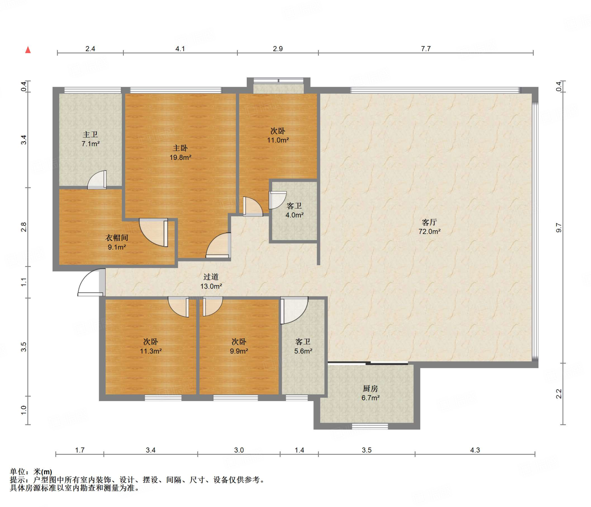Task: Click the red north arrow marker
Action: coord(28,50)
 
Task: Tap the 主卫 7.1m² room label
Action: coord(91,139)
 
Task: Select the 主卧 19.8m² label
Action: coord(180,153)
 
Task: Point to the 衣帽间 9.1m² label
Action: coord(117,242)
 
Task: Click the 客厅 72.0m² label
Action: coord(429,227)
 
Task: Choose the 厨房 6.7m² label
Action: coord(371,393)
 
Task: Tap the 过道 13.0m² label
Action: coord(211,282)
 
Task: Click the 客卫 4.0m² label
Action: coord(294,210)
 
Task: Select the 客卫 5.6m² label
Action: coord(303,346)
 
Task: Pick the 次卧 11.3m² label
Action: coord(151,346)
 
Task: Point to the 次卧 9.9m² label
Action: coord(239,346)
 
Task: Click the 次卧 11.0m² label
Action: coord(278,135)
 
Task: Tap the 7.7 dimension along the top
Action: coord(426,49)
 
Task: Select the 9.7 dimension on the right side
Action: coord(559,228)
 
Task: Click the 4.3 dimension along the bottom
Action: coord(475,450)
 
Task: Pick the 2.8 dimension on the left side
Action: coord(24,227)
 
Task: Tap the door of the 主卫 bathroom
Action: coord(97,180)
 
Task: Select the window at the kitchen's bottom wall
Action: coord(370,426)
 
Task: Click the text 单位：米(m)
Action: coord(31,472)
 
